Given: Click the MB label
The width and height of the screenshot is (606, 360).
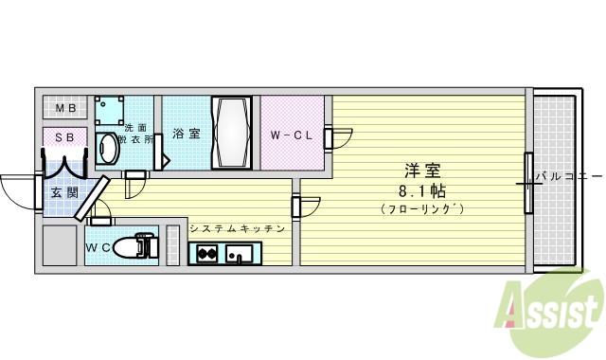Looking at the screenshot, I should pyautogui.click(x=65, y=108).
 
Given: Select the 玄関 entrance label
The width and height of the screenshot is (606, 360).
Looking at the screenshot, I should pyautogui.click(x=60, y=194).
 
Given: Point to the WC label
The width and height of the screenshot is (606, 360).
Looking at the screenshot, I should pyautogui.click(x=98, y=248).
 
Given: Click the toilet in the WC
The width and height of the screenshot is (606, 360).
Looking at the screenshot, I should pyautogui.click(x=142, y=246).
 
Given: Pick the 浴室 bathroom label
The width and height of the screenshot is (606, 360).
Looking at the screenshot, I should pyautogui.click(x=187, y=134).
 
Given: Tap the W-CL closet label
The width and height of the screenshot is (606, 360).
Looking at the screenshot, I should pyautogui.click(x=292, y=135).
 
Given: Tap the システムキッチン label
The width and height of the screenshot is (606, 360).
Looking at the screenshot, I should pyautogui.click(x=237, y=228).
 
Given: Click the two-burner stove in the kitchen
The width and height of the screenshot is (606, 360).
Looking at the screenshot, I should pyautogui.click(x=208, y=253).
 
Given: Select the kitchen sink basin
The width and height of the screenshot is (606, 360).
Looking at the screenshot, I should pyautogui.click(x=241, y=253).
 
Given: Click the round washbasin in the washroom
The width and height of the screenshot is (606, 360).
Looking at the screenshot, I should pyautogui.click(x=108, y=149).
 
